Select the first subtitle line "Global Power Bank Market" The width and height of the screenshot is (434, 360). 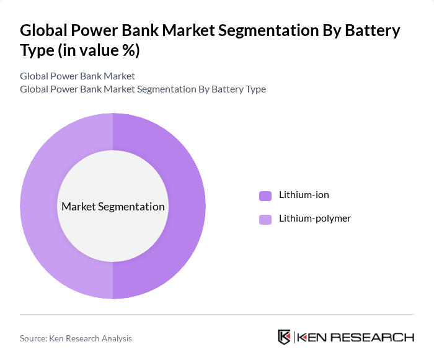(77, 76)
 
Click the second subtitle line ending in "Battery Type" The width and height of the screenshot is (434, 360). (143, 89)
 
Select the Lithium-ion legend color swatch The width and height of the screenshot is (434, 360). (265, 196)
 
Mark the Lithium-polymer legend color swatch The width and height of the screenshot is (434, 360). (265, 219)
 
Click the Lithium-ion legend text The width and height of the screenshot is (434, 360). (304, 195)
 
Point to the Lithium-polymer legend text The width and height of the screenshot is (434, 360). (314, 218)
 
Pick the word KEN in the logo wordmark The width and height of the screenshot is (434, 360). (311, 338)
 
